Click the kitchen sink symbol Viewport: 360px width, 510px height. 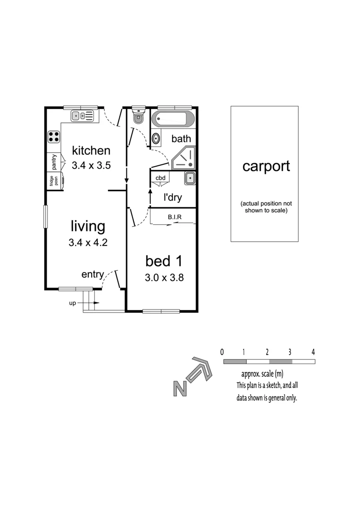pos(83,115)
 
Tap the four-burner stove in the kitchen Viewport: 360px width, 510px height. pos(54,136)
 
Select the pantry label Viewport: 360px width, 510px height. pos(54,162)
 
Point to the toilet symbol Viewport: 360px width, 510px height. pos(138,118)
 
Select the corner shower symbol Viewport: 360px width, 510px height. pos(184,158)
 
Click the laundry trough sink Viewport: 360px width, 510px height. pos(189,178)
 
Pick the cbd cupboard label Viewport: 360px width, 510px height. pos(160,178)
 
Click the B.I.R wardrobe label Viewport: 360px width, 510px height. pos(175,218)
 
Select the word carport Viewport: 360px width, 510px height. pos(266,166)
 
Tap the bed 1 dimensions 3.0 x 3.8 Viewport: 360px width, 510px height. pos(164,278)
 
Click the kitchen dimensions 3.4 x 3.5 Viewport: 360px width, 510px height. pos(91,166)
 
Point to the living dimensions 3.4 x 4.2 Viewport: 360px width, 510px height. pos(88,243)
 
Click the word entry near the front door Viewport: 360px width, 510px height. pos(92,274)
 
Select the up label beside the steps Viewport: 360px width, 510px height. pos(73,303)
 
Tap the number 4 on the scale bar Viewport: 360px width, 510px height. pos(313,352)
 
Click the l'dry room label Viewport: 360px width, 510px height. pos(172,197)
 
